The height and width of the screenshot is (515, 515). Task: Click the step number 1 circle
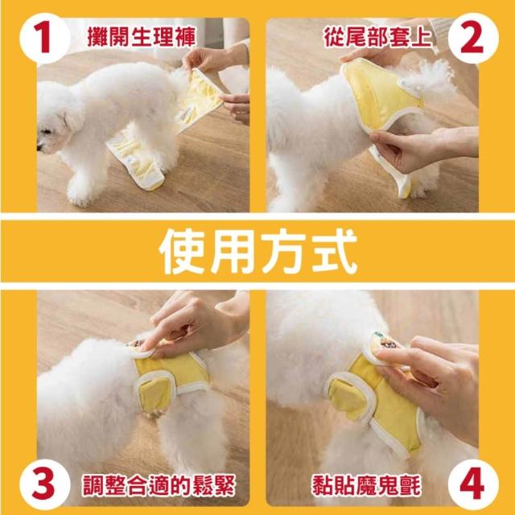pos(45,38)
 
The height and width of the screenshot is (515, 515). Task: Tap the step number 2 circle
pos(473,38)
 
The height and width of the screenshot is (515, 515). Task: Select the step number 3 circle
pos(45,484)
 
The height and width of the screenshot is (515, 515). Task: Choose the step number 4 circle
pos(473,484)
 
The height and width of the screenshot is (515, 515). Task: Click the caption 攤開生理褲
pos(142,37)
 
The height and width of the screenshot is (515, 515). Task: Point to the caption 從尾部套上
pos(377,37)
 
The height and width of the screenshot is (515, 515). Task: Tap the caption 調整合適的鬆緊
pos(159,485)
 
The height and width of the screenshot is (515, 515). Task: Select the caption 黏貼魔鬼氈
pos(367,485)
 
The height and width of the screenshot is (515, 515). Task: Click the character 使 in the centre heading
pos(183,251)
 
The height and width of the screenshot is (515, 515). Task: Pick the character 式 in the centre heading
pos(335,251)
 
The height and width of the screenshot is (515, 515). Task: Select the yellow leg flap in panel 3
pos(155,394)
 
